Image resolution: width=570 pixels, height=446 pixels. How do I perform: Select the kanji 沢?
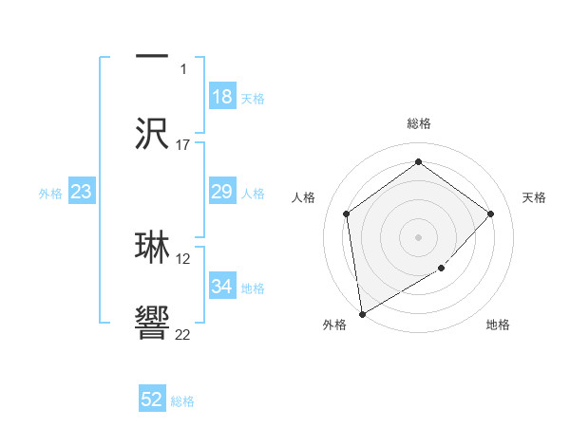152,133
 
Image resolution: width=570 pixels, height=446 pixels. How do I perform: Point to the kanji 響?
152,324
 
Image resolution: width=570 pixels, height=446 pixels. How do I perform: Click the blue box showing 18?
222,97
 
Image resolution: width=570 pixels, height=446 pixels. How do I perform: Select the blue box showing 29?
222,193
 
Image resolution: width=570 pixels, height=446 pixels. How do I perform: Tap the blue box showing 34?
222,287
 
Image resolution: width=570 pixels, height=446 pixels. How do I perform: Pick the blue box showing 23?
82,193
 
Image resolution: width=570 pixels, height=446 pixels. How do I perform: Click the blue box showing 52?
152,400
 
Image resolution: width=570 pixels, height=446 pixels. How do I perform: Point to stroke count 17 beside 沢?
183,144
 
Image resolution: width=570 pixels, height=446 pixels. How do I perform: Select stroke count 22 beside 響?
183,334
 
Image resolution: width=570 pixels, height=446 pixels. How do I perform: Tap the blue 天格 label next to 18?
253,99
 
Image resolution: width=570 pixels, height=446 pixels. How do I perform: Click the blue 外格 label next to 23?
50,194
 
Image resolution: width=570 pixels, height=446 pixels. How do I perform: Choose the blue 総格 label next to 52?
182,401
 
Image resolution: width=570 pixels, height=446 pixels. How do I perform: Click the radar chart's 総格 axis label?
419,124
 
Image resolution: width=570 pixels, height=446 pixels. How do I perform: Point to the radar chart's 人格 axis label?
303,197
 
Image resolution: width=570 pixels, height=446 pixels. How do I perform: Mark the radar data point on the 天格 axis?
491,214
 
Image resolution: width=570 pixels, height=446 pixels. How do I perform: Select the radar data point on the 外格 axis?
362,313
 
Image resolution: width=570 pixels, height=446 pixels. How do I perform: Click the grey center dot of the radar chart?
418,236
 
